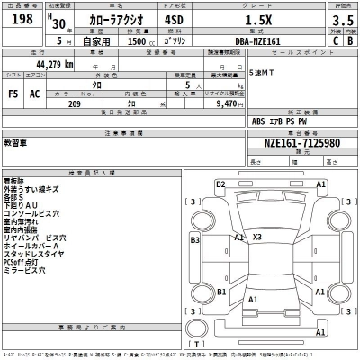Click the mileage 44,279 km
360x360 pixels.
click(55, 65)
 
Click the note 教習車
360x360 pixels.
click(15, 142)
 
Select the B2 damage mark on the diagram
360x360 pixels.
click(220, 184)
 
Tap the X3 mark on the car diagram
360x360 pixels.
click(257, 237)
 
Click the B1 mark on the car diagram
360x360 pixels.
click(220, 291)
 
